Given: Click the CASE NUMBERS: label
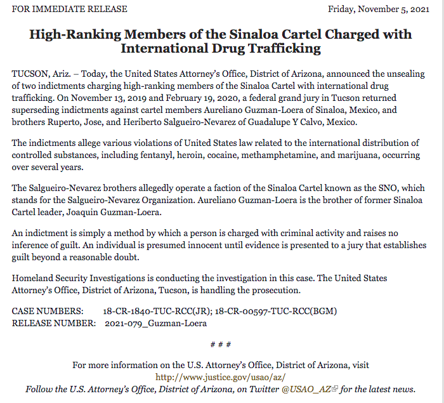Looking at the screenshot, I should click(48, 311).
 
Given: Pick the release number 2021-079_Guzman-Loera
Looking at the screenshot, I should click(155, 323).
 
